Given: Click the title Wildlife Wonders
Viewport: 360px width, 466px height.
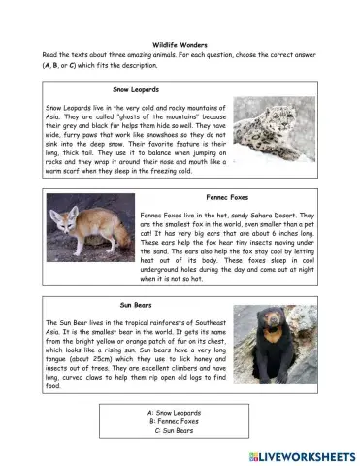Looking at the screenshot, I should [x=180, y=45].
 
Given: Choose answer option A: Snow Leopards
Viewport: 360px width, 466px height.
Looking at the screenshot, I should [x=180, y=412].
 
